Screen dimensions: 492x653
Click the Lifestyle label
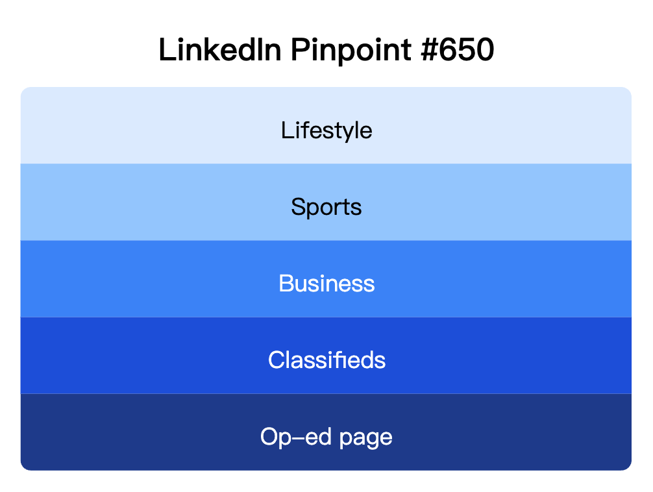326,130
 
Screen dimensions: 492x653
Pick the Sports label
326,207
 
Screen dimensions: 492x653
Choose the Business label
326,284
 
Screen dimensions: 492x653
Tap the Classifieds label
326,360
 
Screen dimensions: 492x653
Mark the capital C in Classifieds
276,360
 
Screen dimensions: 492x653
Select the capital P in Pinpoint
300,51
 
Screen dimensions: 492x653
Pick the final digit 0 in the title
484,51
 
